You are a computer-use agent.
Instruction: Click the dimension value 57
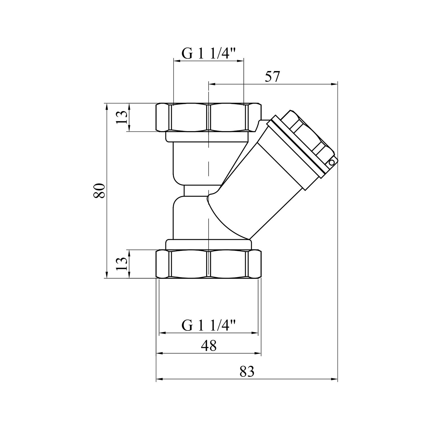coord(272,77)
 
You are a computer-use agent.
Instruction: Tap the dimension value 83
coord(247,372)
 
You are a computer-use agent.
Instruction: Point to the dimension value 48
coord(209,345)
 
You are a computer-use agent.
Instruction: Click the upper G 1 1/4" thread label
coord(208,54)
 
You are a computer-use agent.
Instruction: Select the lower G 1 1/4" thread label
coord(208,326)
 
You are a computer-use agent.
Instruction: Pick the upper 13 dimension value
coord(121,117)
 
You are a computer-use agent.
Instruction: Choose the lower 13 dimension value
coord(121,264)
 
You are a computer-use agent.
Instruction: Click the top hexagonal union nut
coord(209,118)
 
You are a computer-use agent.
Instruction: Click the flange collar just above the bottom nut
coord(208,244)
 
